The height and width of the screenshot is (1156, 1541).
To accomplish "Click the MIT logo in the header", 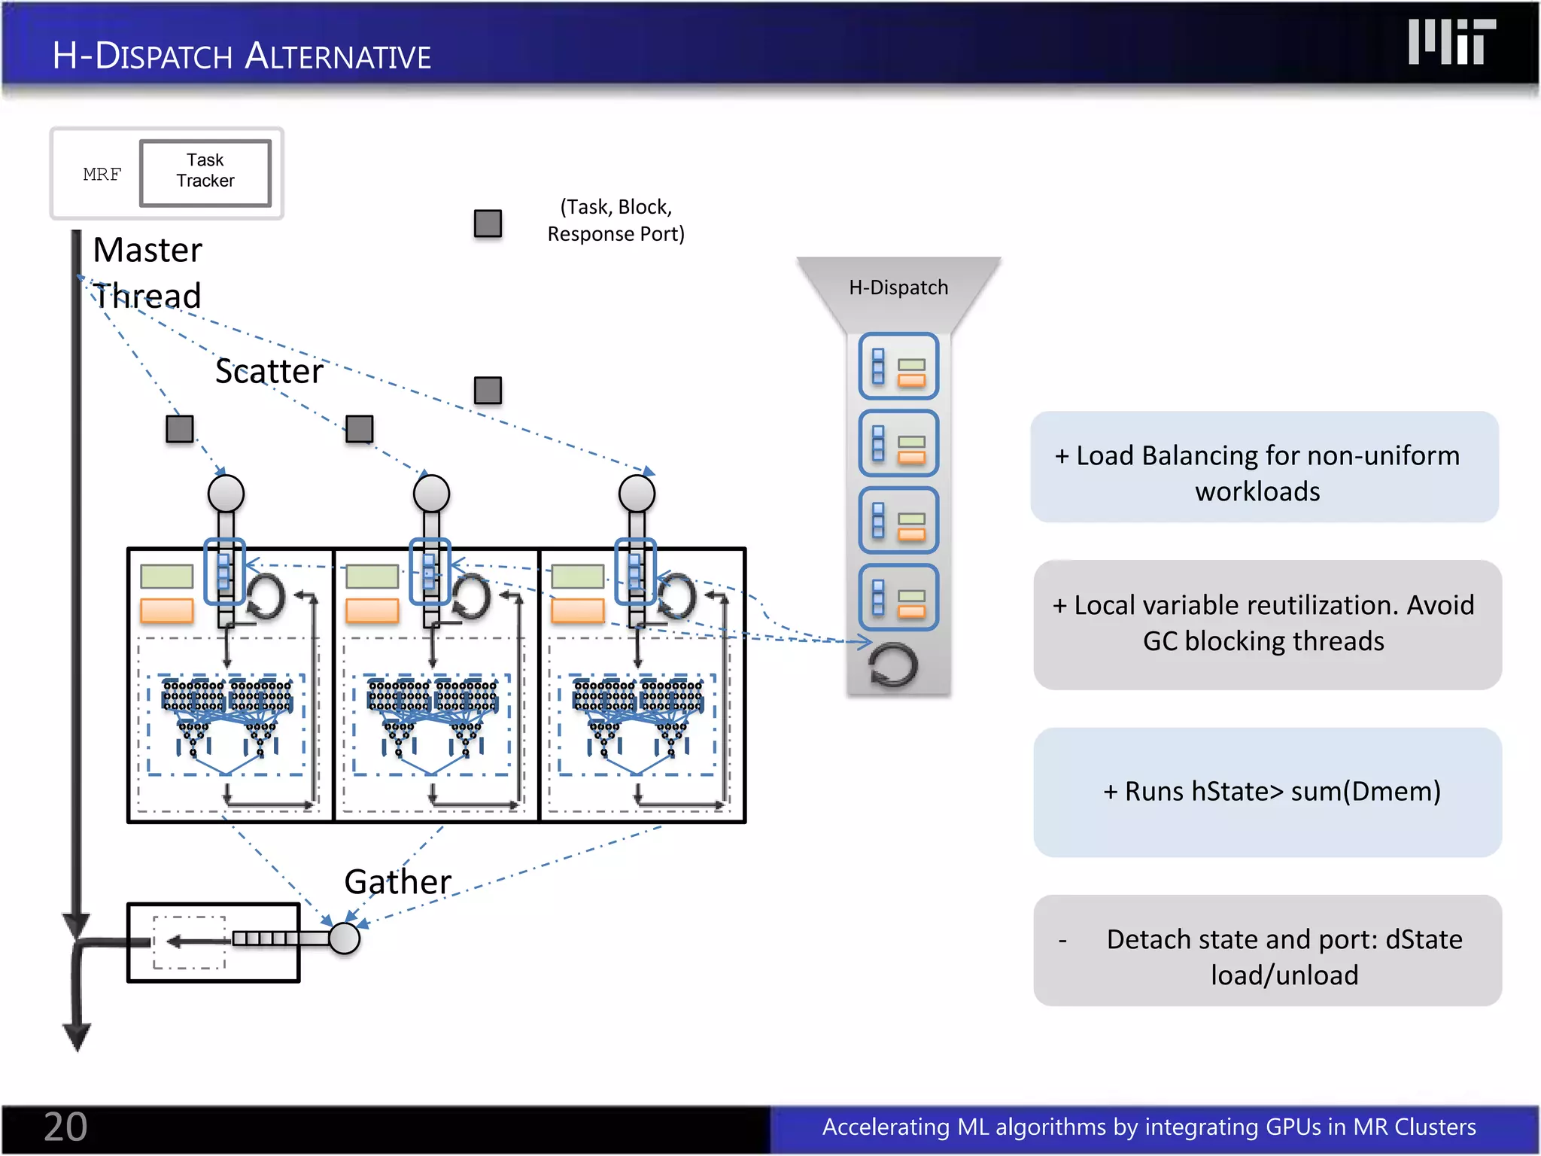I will pos(1451,42).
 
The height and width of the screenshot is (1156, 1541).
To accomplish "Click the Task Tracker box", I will pos(205,172).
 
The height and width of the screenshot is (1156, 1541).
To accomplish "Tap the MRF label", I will pos(102,175).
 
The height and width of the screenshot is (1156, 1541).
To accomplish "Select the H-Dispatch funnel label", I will pos(898,287).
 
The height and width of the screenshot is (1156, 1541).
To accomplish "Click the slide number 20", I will pos(65,1127).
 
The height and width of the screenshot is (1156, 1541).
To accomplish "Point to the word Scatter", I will pos(269,371).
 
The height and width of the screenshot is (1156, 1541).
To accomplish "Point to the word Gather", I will pos(397,881).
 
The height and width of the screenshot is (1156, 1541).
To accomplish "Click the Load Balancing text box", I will pos(1264,467).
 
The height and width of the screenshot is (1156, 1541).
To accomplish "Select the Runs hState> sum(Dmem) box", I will pos(1267,792).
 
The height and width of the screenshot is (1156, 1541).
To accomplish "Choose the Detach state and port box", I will pos(1267,951).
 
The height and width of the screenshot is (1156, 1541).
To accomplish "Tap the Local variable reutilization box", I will pos(1267,624).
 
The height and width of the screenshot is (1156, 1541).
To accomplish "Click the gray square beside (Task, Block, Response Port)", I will pos(488,224).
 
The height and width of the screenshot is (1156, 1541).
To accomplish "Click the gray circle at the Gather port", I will pos(345,938).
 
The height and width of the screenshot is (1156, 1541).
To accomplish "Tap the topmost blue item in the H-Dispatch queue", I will pos(898,366).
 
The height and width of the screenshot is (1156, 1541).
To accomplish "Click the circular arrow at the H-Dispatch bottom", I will pos(893,665).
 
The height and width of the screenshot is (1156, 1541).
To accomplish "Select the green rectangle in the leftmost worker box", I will pos(167,576).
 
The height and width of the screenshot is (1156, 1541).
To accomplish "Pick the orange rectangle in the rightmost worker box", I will pos(577,610).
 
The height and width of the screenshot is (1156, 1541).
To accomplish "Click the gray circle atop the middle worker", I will pos(431,494).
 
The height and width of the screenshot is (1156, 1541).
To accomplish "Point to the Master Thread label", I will pos(147,272).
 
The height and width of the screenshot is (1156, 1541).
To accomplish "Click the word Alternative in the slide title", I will pos(338,56).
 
